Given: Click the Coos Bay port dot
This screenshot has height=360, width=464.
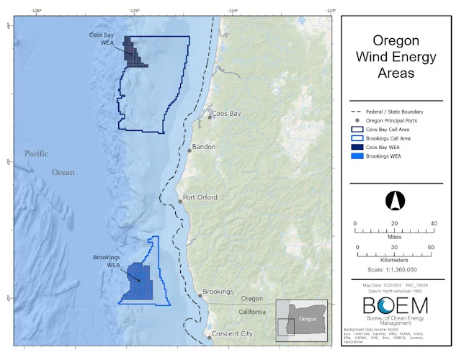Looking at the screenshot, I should (x=210, y=116).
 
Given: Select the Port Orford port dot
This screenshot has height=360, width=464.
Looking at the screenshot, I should (x=181, y=202).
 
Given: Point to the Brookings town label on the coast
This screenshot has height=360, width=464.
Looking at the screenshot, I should (x=218, y=292).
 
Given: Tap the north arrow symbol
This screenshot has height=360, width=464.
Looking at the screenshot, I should (x=393, y=199).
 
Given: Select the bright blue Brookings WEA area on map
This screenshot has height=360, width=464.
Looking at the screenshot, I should (x=136, y=280).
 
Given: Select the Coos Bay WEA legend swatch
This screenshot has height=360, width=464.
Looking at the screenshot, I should (x=357, y=147).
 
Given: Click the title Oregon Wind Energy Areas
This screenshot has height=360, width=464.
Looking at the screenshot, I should (x=395, y=57).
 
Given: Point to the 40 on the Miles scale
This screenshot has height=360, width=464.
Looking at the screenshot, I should (x=432, y=223).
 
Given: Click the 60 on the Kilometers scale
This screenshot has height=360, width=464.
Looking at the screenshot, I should (x=430, y=247).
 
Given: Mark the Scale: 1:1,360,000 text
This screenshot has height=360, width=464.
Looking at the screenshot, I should (x=393, y=269).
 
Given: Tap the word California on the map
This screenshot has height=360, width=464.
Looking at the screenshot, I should (x=253, y=312).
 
